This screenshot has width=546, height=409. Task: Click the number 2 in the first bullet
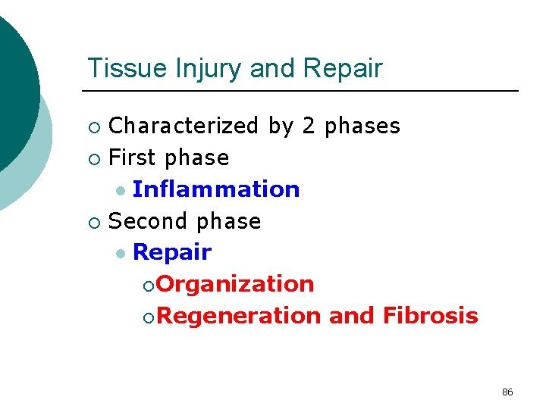pos(308,126)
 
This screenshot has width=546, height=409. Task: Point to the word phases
pos(362,126)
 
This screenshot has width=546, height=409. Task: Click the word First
pos(133,158)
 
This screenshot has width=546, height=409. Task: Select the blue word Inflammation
pos(216,189)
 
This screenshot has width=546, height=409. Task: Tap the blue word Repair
pos(171,253)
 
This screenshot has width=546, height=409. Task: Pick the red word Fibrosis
pos(430,315)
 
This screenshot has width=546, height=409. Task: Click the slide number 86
pos(507,392)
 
